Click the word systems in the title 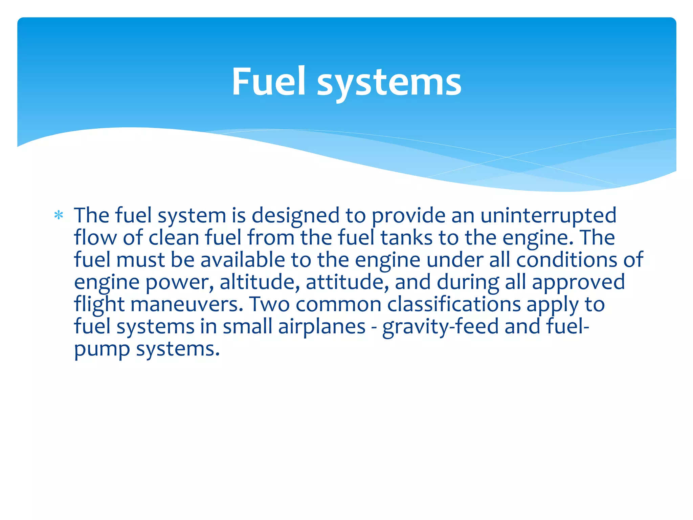pyautogui.click(x=389, y=83)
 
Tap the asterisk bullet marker pyautogui.click(x=59, y=215)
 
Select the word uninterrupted pyautogui.click(x=548, y=216)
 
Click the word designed pyautogui.click(x=295, y=216)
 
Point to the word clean pyautogui.click(x=174, y=237)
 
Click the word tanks pyautogui.click(x=406, y=237)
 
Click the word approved pyautogui.click(x=578, y=283)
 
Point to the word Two pyautogui.click(x=269, y=304)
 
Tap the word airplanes pyautogui.click(x=322, y=327)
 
